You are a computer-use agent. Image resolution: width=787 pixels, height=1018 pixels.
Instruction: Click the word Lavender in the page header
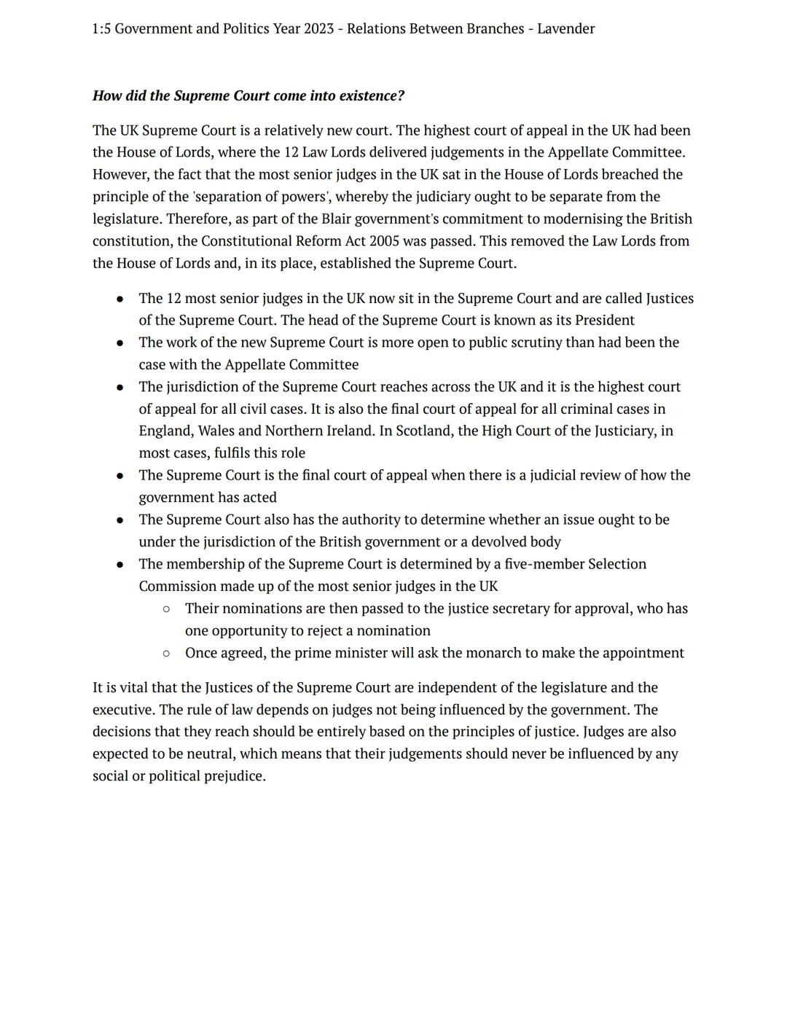(565, 29)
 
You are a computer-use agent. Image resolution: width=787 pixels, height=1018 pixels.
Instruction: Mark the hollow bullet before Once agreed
(166, 654)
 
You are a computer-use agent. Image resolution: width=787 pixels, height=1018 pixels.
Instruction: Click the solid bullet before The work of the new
(120, 343)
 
